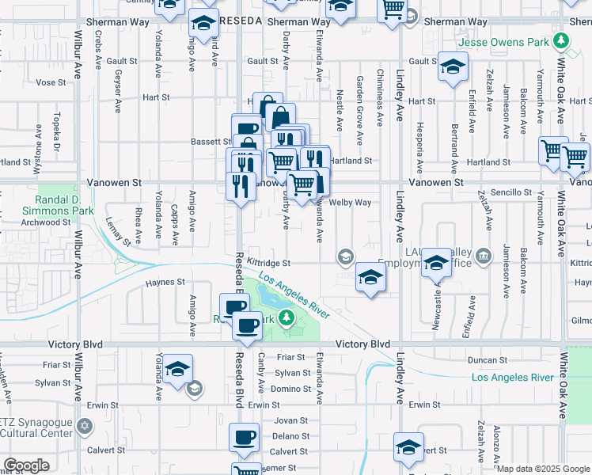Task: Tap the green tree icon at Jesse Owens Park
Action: tap(561, 40)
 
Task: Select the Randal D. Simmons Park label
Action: tap(66, 205)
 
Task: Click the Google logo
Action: tap(26, 465)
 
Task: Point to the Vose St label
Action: tap(50, 82)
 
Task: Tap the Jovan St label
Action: tap(290, 420)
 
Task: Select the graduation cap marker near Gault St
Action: tap(453, 67)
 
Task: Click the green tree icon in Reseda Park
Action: tap(290, 319)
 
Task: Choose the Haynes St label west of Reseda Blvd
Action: tap(165, 281)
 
